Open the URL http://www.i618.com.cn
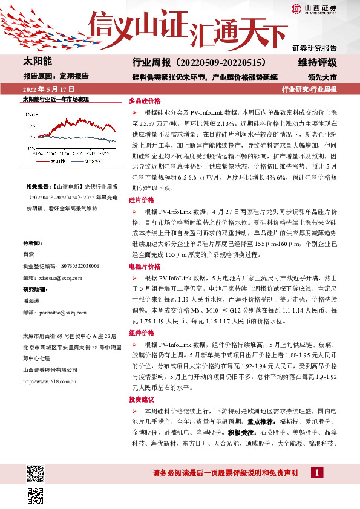tap(48, 381)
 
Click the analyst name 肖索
tap(28, 255)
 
